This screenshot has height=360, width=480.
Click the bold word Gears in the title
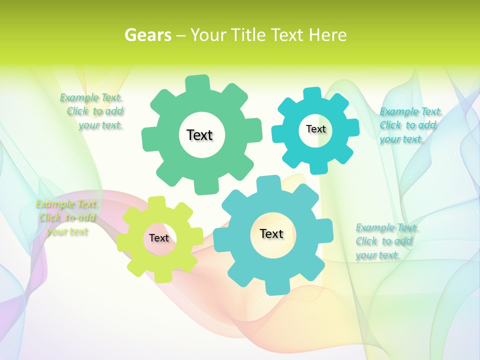(148, 35)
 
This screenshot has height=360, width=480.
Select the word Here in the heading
(327, 35)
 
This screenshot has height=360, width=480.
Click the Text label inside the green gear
(199, 135)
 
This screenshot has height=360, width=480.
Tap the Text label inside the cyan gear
(315, 129)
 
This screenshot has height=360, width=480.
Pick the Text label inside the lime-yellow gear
(159, 238)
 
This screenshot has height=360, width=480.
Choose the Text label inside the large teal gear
(271, 233)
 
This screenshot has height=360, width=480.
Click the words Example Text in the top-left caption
(91, 97)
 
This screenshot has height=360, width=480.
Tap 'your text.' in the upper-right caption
(401, 139)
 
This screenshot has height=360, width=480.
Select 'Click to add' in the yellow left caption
(67, 217)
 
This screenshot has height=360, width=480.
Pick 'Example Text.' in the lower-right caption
(387, 228)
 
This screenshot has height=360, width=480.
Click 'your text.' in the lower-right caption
(377, 255)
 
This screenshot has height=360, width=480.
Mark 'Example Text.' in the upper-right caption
(411, 111)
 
